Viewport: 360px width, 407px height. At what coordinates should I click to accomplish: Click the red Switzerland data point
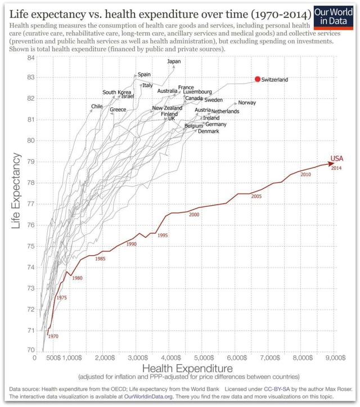258,80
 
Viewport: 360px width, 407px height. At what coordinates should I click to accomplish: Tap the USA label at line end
336,159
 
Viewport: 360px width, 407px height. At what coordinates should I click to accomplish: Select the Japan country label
174,61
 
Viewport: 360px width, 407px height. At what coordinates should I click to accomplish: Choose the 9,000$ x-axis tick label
335,358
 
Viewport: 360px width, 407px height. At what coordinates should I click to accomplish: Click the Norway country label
247,103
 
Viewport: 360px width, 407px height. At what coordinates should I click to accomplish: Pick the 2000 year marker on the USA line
194,215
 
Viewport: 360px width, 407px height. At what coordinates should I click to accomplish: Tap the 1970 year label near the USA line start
53,336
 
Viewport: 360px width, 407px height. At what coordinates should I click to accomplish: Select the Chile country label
97,106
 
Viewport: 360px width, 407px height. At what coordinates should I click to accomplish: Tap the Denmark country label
208,132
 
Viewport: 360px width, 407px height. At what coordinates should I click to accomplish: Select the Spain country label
144,74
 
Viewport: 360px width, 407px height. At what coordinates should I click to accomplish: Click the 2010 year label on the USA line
305,175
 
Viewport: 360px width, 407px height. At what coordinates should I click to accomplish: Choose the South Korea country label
116,92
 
